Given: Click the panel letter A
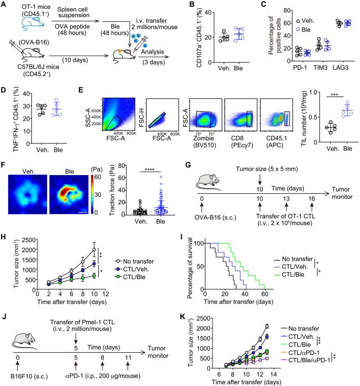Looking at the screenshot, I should coord(5,5).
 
